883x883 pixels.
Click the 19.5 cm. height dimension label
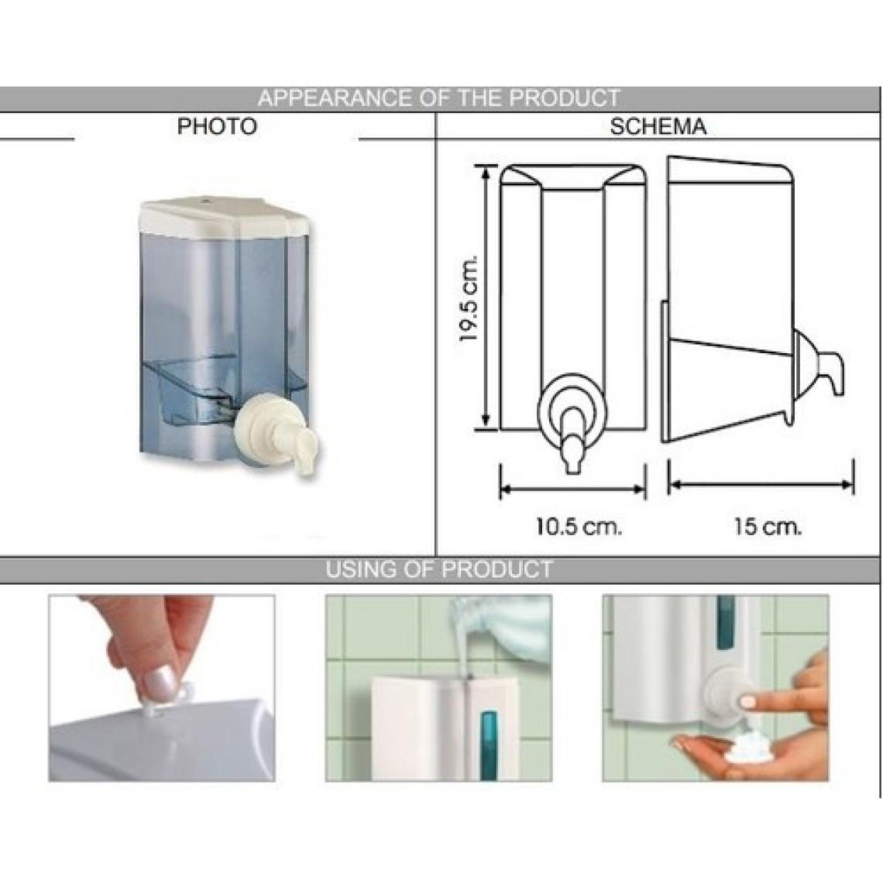coord(469,298)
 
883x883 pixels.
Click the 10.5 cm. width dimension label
coord(579,527)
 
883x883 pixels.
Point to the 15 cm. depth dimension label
coord(767,527)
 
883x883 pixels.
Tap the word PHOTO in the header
coord(217,126)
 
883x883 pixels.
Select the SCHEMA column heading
coord(658,126)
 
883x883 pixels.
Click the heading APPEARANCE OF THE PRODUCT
coord(439,98)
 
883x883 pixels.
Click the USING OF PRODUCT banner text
coord(439,569)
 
